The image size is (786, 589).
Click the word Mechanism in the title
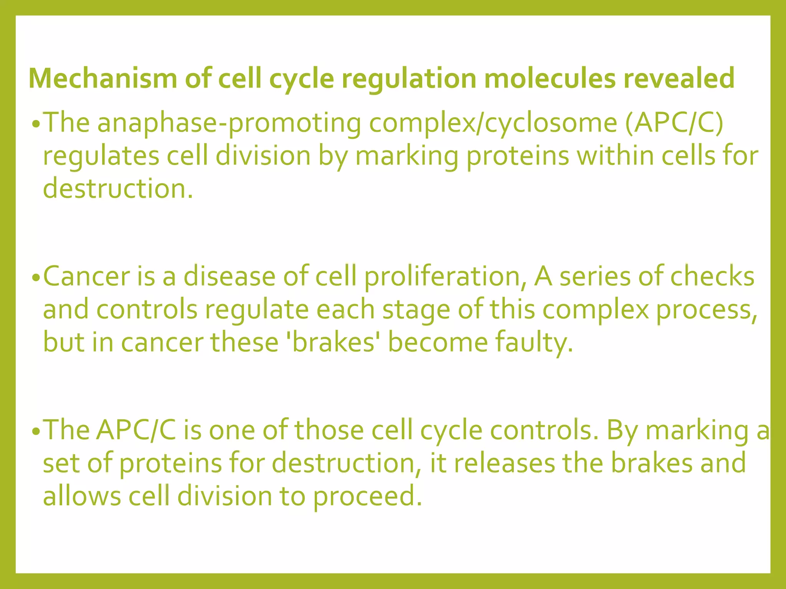pyautogui.click(x=103, y=79)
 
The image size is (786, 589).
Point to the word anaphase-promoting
pyautogui.click(x=229, y=123)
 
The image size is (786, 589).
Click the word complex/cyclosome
pyautogui.click(x=493, y=123)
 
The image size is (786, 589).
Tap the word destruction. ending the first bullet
pyautogui.click(x=118, y=189)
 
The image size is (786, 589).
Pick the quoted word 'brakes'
pyautogui.click(x=333, y=342)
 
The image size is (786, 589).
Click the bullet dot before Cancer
pyautogui.click(x=36, y=278)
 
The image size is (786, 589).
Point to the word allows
pyautogui.click(x=82, y=496)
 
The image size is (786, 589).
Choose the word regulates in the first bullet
pyautogui.click(x=101, y=156)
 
